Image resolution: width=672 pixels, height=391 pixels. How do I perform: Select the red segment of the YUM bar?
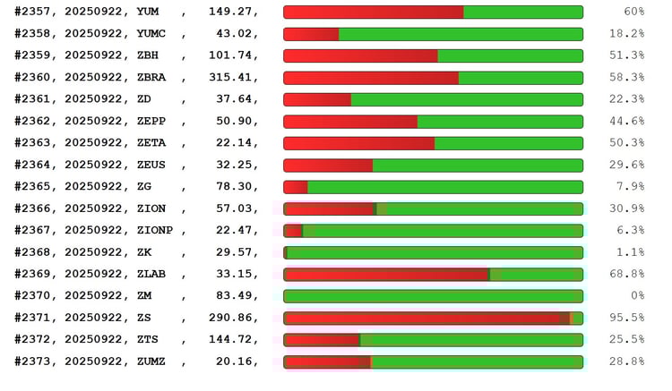pyautogui.click(x=374, y=12)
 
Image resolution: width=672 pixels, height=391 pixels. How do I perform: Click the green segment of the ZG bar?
pyautogui.click(x=445, y=187)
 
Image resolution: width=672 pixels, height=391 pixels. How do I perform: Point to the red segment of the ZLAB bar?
pyautogui.click(x=387, y=275)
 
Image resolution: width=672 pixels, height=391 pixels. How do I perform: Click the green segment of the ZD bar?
pyautogui.click(x=466, y=99)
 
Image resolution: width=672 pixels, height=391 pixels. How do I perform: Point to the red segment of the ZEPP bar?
pyautogui.click(x=351, y=122)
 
